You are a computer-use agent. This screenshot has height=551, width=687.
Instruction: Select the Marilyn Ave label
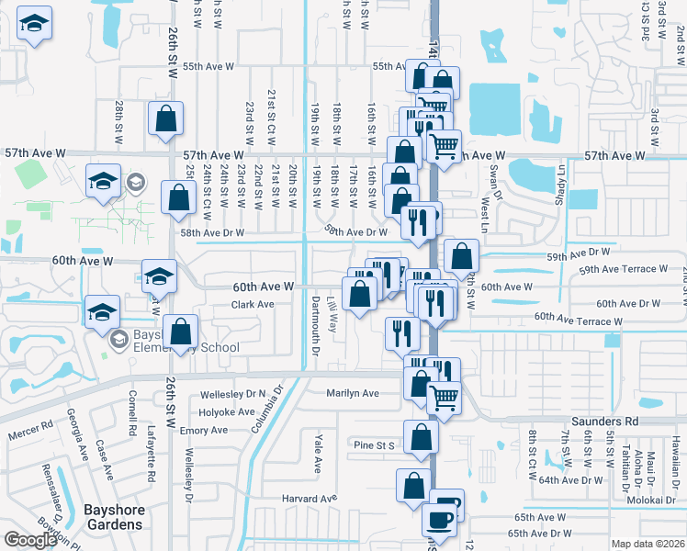pos(353,393)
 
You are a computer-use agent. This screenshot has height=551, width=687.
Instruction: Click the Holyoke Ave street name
pos(227,412)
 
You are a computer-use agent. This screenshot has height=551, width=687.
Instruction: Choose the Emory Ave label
pos(204,430)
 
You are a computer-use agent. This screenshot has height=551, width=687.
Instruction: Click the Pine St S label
pos(374,445)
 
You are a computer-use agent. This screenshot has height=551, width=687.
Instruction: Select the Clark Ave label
pos(253,304)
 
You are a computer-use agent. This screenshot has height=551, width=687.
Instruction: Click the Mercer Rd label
pos(31,430)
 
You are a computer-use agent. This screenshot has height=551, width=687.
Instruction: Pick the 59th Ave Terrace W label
pos(623,269)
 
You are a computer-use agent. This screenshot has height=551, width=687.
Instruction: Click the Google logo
pos(29,540)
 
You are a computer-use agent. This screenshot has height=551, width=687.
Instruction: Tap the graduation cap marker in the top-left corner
pos(35,28)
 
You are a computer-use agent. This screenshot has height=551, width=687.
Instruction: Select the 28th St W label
pos(119,123)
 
